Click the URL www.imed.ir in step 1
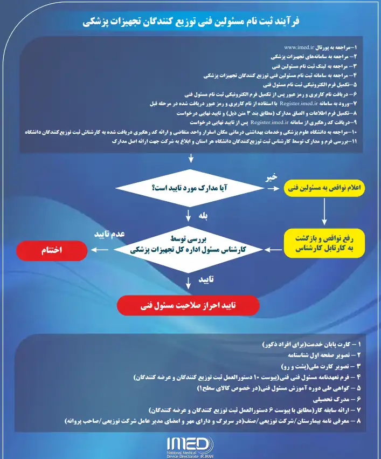pos(299,47)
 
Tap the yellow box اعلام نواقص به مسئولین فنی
pos(324,188)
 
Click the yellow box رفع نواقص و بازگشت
pos(324,242)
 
